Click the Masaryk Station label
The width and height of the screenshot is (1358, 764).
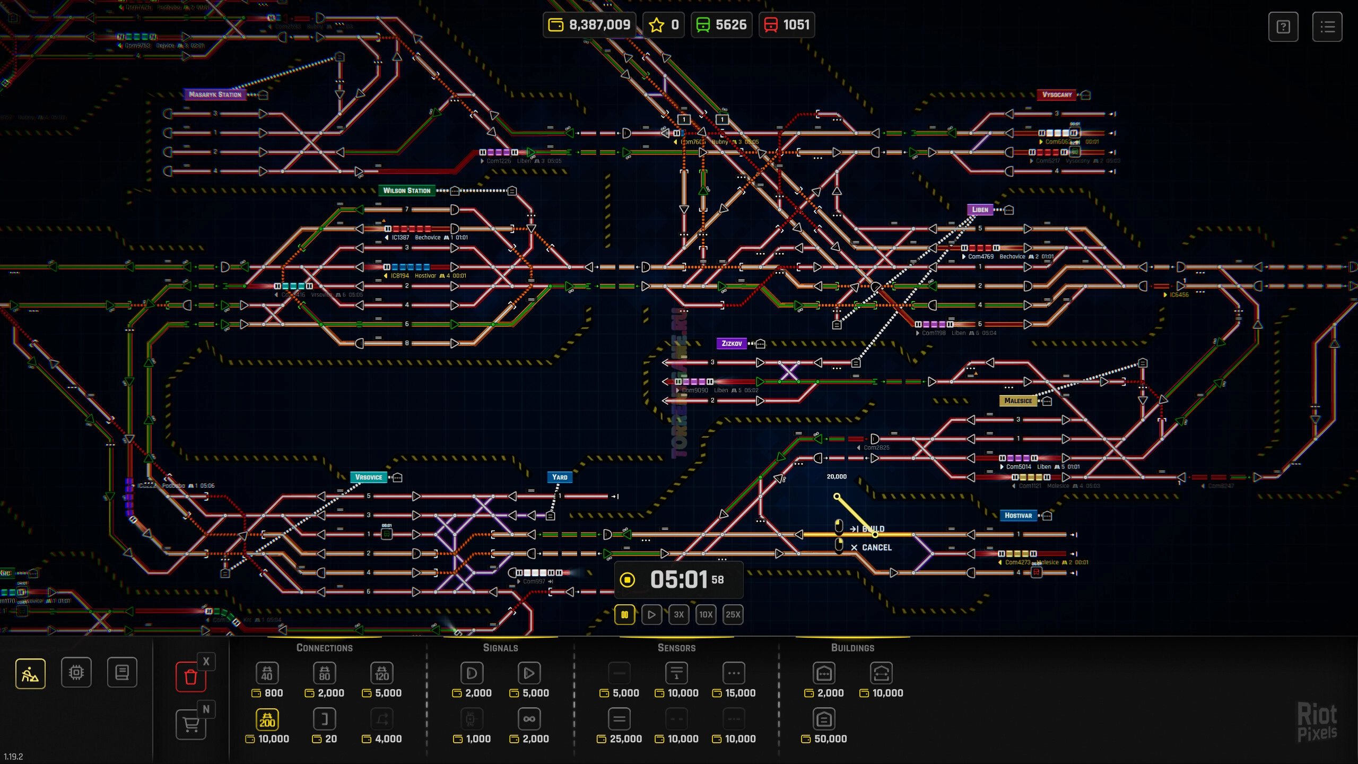(215, 95)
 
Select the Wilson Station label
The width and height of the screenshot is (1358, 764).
(406, 190)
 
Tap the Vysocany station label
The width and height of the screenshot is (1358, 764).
(1057, 95)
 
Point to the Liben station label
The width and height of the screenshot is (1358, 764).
(980, 210)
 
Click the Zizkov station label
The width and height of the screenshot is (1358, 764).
(732, 343)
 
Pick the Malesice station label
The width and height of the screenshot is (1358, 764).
(1018, 401)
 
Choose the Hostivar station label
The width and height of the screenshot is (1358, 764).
(1018, 515)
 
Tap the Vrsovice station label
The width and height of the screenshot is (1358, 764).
(369, 477)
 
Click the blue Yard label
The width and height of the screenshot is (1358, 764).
(560, 477)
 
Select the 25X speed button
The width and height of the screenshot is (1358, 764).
(733, 614)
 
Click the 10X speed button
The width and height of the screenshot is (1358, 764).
(706, 614)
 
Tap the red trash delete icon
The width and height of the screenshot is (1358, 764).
(191, 676)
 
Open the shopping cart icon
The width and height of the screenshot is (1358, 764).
(191, 724)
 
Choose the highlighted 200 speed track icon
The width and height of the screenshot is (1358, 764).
(267, 719)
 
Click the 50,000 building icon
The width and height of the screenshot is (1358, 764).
(824, 719)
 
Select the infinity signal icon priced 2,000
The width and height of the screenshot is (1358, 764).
(529, 719)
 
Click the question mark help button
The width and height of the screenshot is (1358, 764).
(1283, 27)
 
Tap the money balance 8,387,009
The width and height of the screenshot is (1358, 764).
(589, 25)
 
